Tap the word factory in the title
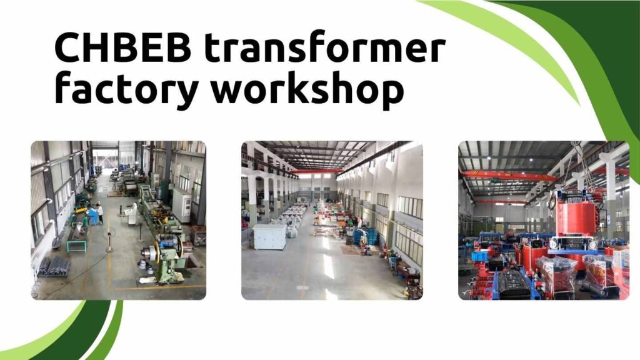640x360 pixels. click(x=126, y=87)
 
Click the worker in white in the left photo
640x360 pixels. click(x=99, y=213)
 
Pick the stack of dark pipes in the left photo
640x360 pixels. click(x=54, y=266)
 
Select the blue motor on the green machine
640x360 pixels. click(x=167, y=241)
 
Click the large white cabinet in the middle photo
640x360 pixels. click(x=269, y=236)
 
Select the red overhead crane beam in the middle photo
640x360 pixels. click(x=319, y=171)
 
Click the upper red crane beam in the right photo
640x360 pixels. click(x=509, y=176)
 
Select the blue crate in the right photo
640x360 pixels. click(x=479, y=256)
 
